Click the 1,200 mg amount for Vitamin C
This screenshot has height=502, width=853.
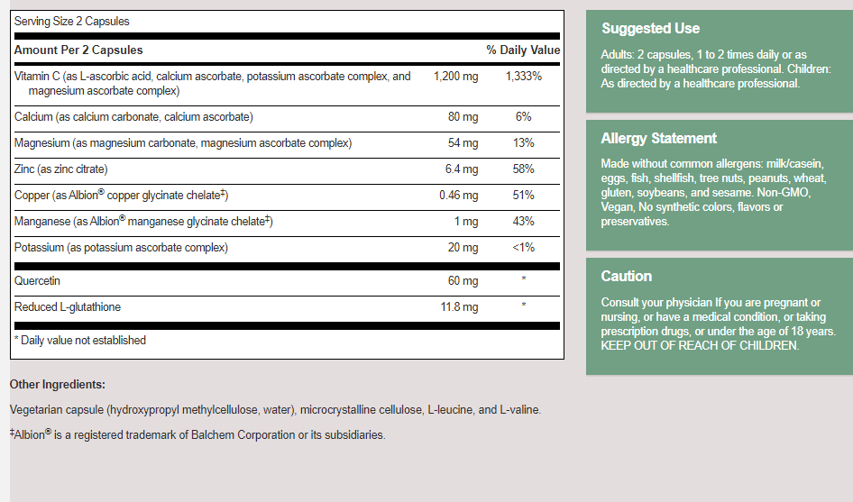[455, 77]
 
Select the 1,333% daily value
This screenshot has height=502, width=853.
[524, 77]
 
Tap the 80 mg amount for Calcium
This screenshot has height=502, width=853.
[463, 117]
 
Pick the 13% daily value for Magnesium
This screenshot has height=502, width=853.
[524, 143]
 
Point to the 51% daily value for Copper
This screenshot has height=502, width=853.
[524, 196]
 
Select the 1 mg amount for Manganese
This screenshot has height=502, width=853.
[466, 222]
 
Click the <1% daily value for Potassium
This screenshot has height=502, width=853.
[524, 248]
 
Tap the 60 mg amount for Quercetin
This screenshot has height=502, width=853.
[463, 281]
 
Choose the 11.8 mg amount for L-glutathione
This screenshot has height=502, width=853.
[458, 307]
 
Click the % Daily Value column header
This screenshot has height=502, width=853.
[523, 50]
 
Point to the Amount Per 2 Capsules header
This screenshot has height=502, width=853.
[78, 50]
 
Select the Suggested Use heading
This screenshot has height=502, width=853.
[650, 29]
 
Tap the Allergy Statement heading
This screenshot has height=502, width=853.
[659, 139]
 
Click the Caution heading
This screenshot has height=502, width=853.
[627, 277]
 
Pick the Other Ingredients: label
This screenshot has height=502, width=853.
[58, 385]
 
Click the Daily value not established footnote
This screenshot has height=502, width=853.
[80, 341]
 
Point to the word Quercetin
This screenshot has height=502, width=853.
[39, 281]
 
